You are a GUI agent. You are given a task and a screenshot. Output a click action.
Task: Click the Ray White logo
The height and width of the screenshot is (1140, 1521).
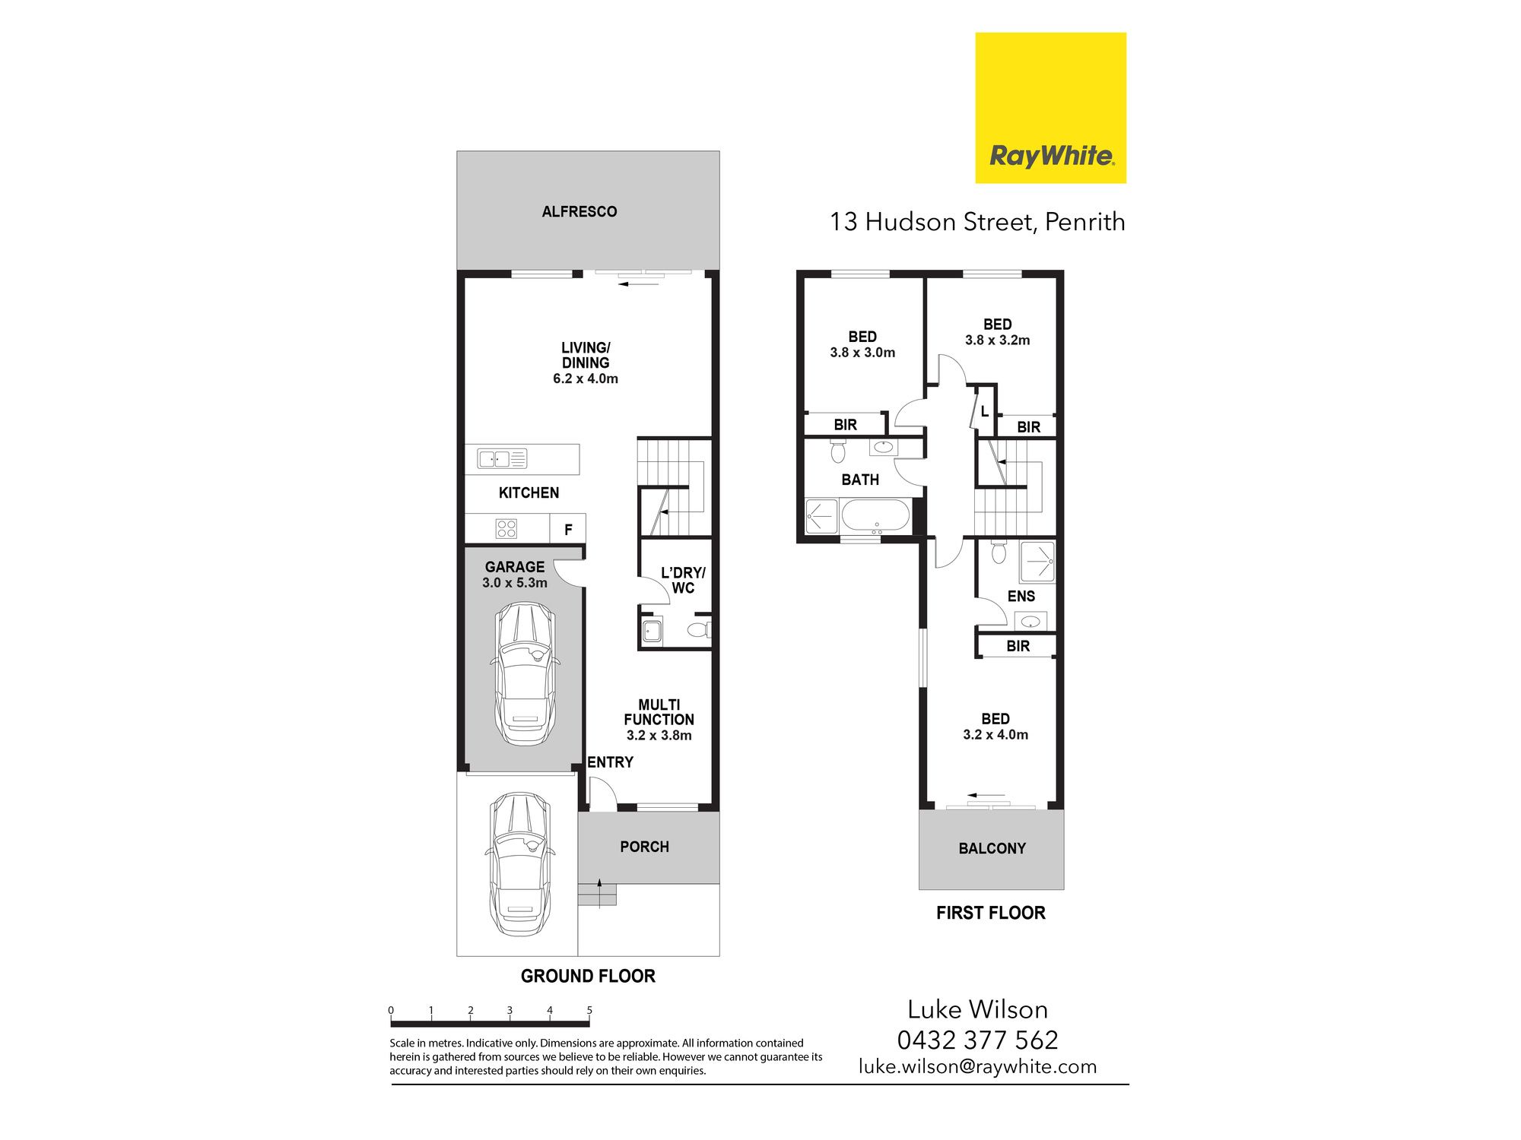tap(1050, 108)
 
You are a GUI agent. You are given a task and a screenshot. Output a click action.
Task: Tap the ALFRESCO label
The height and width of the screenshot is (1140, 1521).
tap(580, 212)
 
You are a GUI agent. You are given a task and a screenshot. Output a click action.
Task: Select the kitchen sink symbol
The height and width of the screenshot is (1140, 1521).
tap(502, 459)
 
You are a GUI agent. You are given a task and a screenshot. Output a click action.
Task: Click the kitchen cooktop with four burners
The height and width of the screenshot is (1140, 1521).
tap(506, 528)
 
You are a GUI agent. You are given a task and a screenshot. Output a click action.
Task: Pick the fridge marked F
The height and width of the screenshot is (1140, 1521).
tap(568, 530)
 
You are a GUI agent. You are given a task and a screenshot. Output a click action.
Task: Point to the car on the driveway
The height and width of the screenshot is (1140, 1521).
tap(520, 864)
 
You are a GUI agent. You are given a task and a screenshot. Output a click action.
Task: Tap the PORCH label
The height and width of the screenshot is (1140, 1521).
tap(644, 847)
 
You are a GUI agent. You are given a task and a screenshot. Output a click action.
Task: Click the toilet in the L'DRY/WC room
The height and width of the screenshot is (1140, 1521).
tap(698, 629)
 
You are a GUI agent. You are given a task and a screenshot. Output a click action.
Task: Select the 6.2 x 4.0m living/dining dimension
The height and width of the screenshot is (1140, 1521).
tap(586, 378)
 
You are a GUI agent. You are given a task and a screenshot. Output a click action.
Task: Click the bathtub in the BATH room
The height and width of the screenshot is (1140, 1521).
tap(875, 515)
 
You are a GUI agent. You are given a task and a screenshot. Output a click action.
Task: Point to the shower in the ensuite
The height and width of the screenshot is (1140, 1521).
tap(1037, 562)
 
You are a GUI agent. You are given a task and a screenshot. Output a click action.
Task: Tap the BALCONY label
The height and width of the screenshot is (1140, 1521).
tap(992, 848)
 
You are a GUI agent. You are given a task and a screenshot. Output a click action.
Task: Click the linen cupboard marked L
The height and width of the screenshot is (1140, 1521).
tap(985, 411)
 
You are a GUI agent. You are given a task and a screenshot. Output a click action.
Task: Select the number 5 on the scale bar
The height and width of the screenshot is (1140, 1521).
tap(589, 1010)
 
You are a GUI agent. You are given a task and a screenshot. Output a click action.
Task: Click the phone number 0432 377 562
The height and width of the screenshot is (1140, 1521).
tap(978, 1040)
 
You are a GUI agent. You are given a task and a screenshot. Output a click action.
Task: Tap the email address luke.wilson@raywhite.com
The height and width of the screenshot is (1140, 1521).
tap(978, 1066)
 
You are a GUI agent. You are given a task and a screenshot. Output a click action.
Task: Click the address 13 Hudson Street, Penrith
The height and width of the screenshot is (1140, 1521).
tap(977, 222)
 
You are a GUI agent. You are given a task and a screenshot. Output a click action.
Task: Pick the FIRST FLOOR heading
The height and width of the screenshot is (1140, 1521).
tap(991, 913)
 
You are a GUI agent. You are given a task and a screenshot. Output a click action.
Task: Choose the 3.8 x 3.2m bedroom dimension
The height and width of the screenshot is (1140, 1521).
tap(998, 340)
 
